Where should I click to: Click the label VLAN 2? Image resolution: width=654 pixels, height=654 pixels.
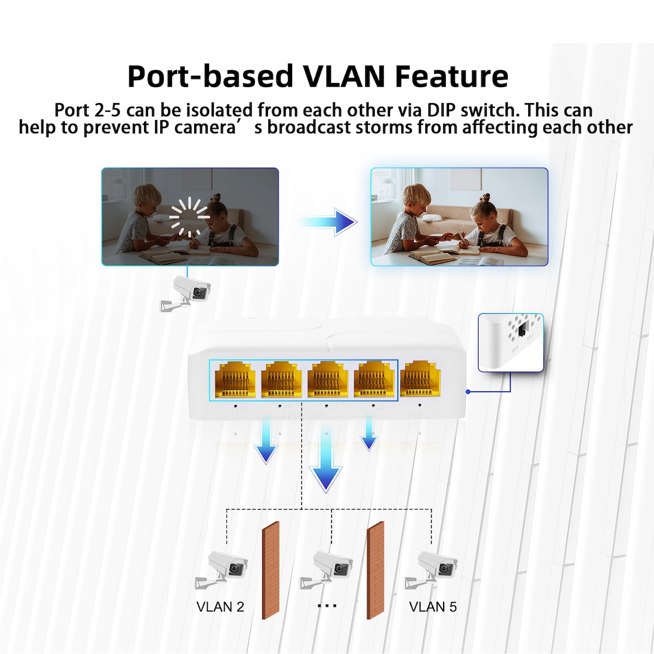click(x=220, y=606)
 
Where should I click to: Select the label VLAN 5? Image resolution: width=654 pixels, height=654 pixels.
click(x=433, y=606)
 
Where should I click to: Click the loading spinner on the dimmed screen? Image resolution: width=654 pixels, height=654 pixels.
click(x=190, y=217)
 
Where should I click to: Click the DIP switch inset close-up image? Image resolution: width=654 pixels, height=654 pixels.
click(x=511, y=343)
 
